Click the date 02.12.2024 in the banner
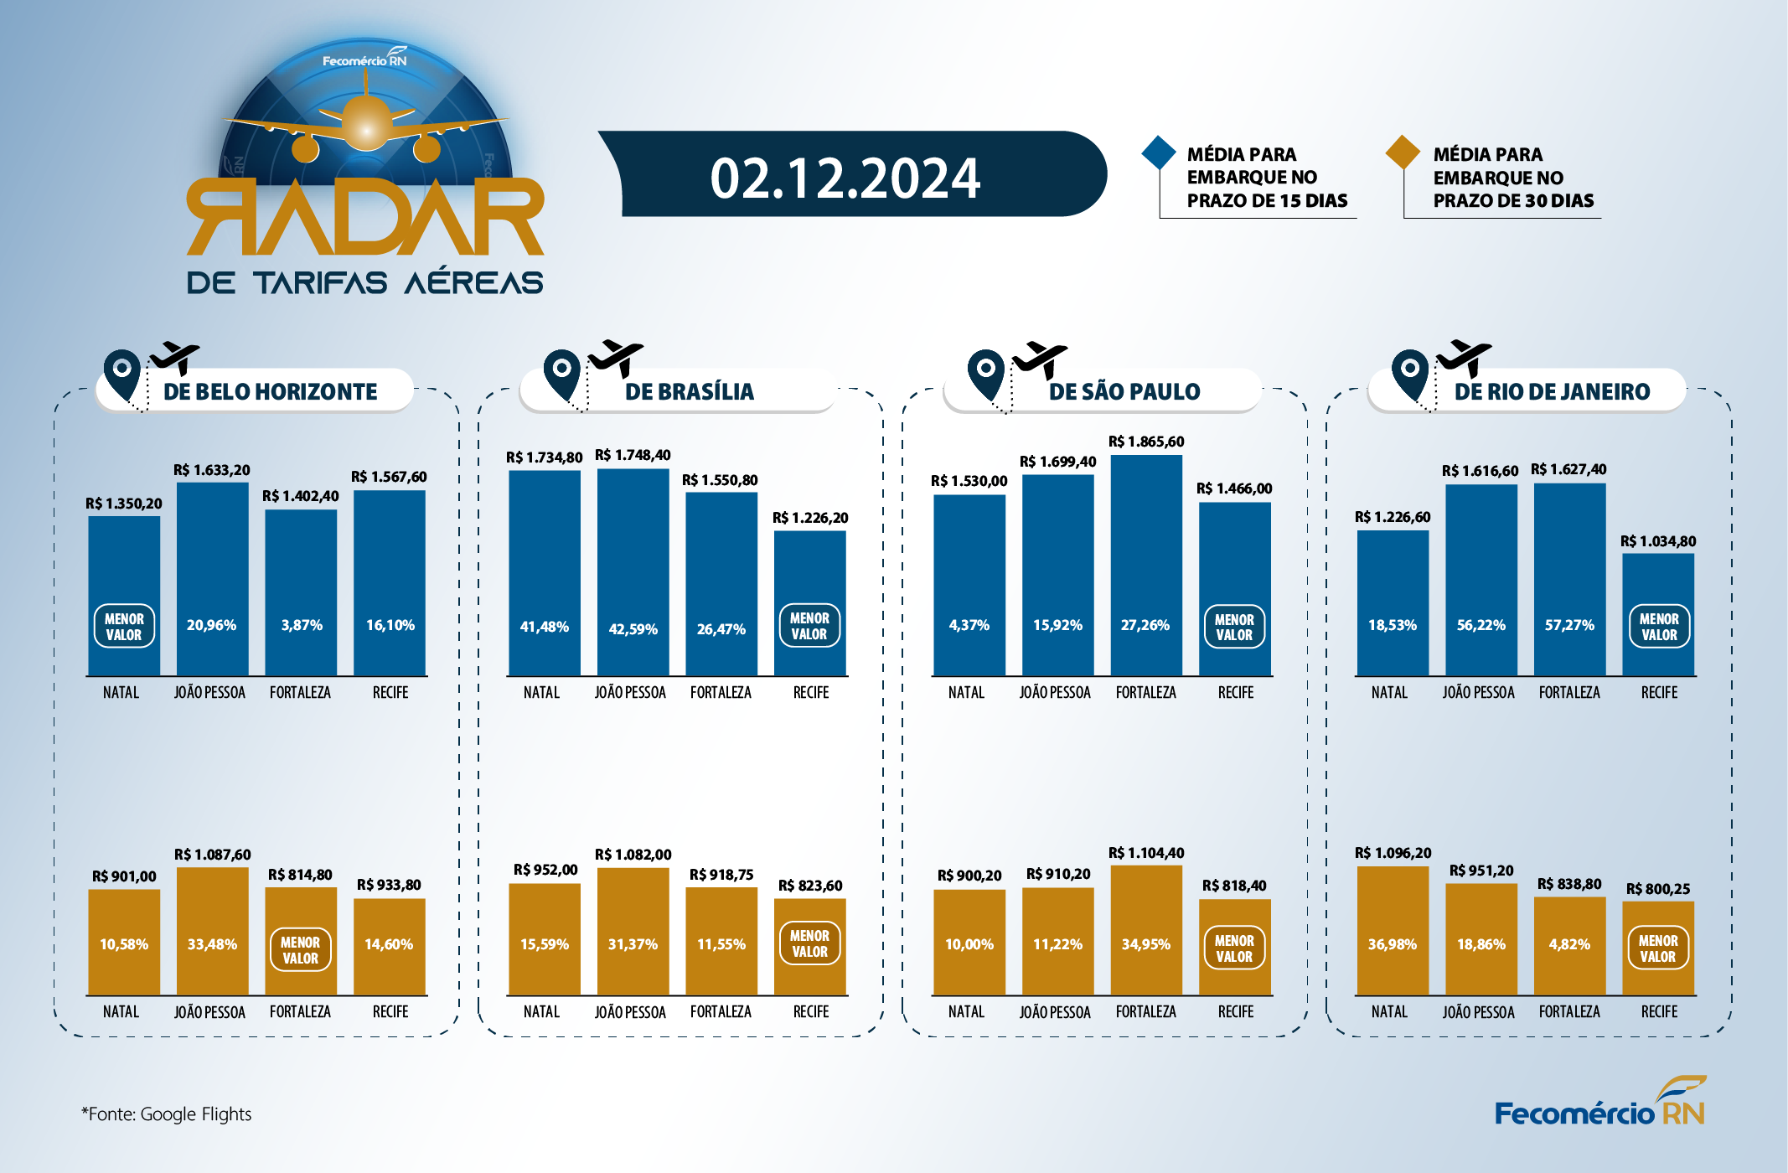(845, 178)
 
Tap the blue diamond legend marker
(1159, 152)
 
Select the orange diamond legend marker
(1403, 152)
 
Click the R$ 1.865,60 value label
(1146, 442)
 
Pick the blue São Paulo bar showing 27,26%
(1146, 566)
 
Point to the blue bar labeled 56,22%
(1481, 580)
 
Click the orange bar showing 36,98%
(1393, 931)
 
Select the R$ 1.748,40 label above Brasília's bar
(633, 455)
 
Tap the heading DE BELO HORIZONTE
(270, 391)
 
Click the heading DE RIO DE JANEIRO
(1552, 391)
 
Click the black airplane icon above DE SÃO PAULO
(1040, 359)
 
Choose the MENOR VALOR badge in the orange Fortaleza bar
(300, 949)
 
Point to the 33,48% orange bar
(213, 932)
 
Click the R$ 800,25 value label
(1658, 889)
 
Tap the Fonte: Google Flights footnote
(166, 1114)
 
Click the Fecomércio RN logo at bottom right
(1600, 1102)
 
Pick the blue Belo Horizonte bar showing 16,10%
(390, 583)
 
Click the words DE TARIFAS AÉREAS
(365, 282)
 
